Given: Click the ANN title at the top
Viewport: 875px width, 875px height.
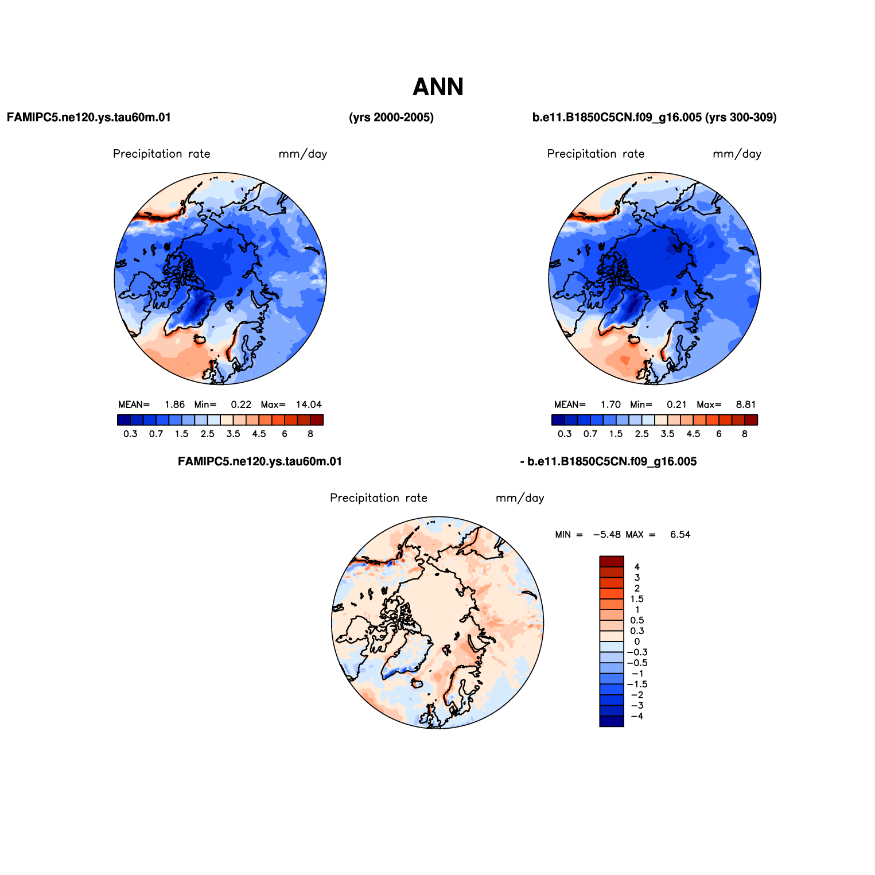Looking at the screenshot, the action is (438, 87).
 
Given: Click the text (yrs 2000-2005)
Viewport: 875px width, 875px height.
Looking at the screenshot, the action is (391, 118).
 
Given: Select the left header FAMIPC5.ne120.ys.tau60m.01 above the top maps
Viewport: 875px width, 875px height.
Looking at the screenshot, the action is (89, 118).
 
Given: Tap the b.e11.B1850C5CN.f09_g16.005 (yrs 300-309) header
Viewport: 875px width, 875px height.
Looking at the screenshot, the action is (655, 118).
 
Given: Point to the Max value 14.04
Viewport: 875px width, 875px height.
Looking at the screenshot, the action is (309, 405).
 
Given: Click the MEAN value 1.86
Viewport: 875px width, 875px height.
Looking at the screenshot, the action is (174, 405).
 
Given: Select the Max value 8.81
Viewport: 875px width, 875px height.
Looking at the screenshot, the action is (746, 405).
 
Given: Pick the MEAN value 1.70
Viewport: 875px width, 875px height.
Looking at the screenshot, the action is (610, 405).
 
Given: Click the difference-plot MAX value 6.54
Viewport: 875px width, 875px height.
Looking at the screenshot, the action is (680, 535).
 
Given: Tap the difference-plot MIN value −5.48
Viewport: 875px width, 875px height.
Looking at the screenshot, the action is (606, 535).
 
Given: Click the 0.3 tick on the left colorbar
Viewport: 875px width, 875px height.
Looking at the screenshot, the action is (130, 434).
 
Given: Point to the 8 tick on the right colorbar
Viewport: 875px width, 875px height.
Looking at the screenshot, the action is (745, 434).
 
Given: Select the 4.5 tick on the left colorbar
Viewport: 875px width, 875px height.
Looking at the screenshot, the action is (259, 434).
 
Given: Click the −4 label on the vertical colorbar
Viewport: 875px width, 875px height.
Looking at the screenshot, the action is (637, 716).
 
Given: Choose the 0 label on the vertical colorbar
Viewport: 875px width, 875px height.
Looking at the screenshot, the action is (637, 641).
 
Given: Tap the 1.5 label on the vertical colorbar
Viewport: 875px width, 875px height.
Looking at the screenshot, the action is (637, 599).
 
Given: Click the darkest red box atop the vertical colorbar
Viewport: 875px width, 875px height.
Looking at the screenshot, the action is (612, 562).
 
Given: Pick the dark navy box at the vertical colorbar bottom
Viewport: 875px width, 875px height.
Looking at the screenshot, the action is (612, 721).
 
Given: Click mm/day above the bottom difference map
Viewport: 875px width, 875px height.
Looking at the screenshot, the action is (520, 498).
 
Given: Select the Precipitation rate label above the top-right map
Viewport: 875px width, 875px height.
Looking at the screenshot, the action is (596, 154).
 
